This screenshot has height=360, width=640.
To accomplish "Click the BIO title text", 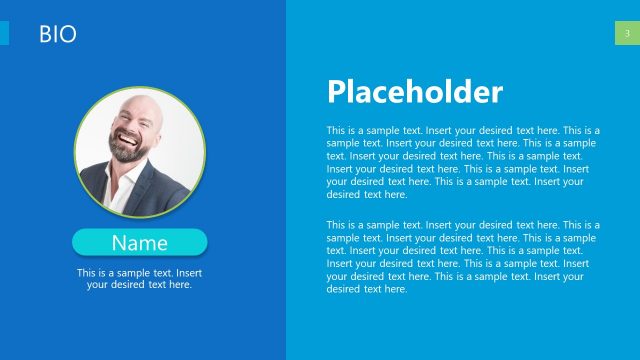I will point(58,35).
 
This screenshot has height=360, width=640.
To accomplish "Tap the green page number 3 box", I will point(626,34).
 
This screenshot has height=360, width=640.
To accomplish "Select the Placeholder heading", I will point(414,93).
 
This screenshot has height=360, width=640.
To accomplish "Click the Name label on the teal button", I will point(139,242).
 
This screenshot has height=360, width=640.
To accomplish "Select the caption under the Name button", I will point(139,278).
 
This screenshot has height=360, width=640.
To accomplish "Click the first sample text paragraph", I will point(463,162).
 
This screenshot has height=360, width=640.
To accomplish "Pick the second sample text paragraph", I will point(463,257).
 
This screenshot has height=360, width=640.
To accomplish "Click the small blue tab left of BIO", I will point(4,34).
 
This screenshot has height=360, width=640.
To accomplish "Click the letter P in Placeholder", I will point(336,93).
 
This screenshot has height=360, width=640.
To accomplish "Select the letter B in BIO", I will point(45,35).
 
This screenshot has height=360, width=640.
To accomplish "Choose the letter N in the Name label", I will point(118,242).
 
